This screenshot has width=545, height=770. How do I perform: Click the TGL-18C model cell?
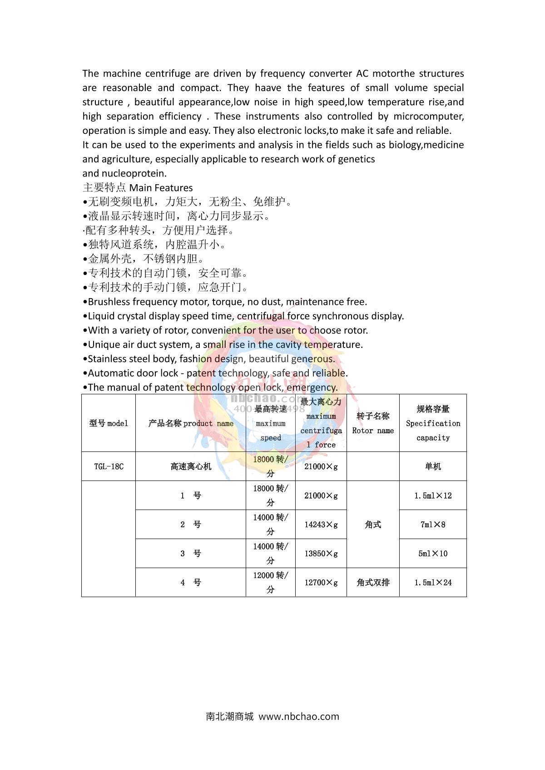point(109,466)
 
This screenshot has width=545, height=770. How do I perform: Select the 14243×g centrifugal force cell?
point(321,525)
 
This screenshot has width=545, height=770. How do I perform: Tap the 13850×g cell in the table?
point(321,554)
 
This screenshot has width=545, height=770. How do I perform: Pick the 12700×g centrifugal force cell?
point(321,583)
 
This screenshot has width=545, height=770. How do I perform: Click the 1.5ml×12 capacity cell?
point(433,495)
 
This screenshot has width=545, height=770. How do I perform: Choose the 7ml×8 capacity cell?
point(433,525)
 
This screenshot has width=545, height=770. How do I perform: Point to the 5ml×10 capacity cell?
point(433,554)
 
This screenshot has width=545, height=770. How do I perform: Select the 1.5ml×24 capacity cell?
point(433,583)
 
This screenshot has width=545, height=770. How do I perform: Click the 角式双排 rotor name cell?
point(373,583)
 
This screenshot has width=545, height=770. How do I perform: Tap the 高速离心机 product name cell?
point(191,466)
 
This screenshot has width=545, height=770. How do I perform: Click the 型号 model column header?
point(109,423)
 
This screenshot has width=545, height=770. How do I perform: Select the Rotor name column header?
point(373,423)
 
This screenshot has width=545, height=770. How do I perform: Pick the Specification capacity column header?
point(433,423)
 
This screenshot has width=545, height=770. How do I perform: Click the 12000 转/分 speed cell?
point(271,582)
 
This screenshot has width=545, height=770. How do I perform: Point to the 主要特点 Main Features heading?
point(138,188)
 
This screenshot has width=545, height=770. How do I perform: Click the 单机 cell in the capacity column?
point(433,466)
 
